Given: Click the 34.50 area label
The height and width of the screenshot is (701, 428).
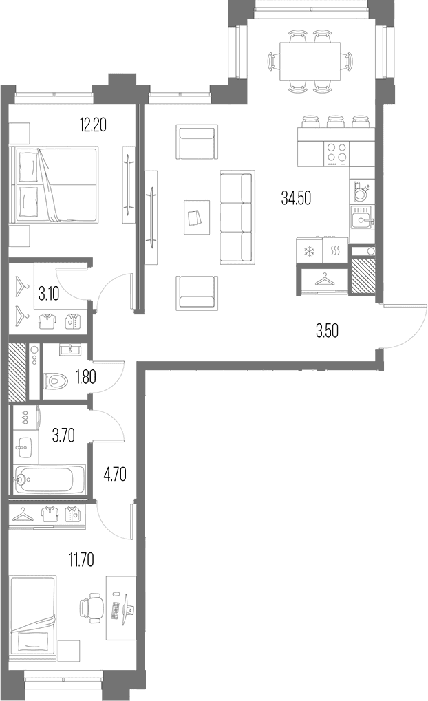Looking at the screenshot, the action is (296, 197).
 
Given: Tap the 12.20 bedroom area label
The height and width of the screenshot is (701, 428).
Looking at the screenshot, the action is (93, 125).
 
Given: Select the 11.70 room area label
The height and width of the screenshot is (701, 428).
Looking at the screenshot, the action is (81, 560).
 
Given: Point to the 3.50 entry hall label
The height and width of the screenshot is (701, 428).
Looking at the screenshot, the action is (327, 332).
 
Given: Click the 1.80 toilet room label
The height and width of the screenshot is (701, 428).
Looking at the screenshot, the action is (85, 377).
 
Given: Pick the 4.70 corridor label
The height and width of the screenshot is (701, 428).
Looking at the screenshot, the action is (114, 473).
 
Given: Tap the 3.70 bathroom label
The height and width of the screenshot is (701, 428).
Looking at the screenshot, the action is (63, 435).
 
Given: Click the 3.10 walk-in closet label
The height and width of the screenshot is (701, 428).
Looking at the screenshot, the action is (49, 294).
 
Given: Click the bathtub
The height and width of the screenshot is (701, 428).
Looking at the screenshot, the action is (49, 479).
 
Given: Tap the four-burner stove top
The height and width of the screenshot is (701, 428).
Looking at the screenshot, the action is (336, 154).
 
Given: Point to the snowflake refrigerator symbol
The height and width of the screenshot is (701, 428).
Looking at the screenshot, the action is (309, 251).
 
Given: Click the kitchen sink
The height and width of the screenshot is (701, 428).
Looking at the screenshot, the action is (362, 219).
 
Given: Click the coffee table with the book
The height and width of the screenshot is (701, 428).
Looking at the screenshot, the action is (196, 217).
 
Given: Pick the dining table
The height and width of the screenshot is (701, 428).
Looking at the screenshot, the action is (310, 61).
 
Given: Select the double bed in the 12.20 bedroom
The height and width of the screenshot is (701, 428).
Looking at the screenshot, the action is (56, 185).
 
